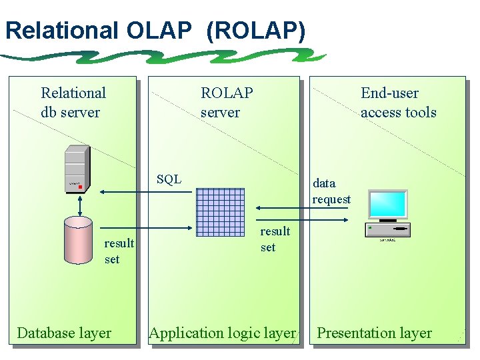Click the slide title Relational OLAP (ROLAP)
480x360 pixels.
[155, 31]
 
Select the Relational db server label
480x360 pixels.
[73, 103]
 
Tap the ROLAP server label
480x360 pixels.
[227, 103]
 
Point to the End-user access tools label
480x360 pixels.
[398, 103]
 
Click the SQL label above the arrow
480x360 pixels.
[169, 179]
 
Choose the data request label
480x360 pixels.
[331, 191]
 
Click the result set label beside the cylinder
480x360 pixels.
[119, 251]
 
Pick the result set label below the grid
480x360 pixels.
[275, 239]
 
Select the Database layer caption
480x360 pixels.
[64, 333]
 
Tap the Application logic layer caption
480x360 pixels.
[222, 333]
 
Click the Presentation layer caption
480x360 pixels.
[374, 333]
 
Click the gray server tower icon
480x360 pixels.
[77, 169]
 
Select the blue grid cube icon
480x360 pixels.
[221, 212]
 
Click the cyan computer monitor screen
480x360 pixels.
[388, 203]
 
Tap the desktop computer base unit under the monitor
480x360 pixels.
[388, 230]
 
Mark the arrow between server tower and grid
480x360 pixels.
[147, 192]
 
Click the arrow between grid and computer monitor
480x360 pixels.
[303, 208]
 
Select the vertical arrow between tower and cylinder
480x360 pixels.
[79, 205]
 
